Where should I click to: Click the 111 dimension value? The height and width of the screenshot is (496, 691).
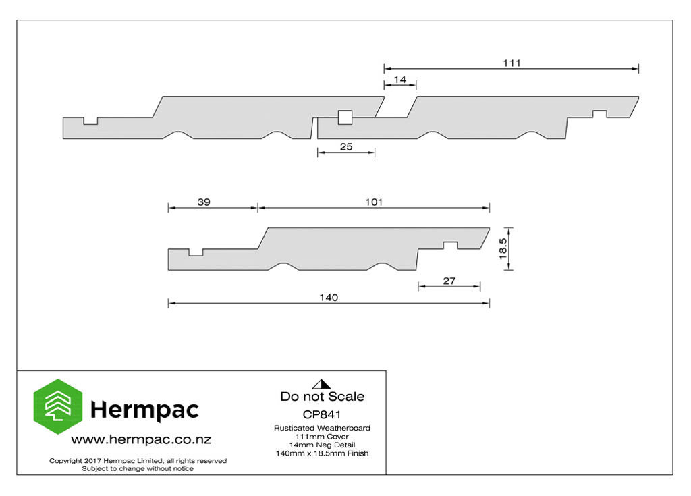pos(512,63)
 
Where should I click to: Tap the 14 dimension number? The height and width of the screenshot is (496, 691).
pos(399,80)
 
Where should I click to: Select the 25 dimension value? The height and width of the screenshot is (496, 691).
pos(346,147)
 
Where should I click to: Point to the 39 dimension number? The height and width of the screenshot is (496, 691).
pos(204,202)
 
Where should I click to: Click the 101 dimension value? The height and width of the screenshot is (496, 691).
pos(374,202)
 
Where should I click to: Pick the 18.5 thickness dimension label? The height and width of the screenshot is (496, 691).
pos(503,248)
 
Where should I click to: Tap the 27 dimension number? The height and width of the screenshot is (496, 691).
pos(449,281)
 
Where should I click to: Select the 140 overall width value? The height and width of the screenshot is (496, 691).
pos(329,298)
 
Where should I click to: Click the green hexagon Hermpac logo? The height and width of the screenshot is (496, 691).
pos(58,406)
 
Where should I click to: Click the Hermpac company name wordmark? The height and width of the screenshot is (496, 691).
pos(144,410)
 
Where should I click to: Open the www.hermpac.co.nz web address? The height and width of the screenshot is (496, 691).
pos(141,439)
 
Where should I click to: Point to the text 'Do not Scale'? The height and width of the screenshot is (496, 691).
pos(322,396)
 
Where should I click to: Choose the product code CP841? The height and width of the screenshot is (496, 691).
pos(322,414)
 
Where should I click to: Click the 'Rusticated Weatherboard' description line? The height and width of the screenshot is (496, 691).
pos(322,428)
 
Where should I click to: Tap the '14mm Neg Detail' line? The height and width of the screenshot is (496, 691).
pos(322,445)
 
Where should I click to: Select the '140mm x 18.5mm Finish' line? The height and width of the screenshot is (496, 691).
pos(322,453)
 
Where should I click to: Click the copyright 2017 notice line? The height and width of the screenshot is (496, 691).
pos(138,461)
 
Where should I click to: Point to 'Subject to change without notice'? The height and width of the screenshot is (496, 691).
pos(138,468)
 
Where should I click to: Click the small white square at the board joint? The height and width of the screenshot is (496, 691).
pos(345,117)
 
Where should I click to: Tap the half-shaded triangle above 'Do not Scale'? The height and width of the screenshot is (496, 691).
pos(322,384)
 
